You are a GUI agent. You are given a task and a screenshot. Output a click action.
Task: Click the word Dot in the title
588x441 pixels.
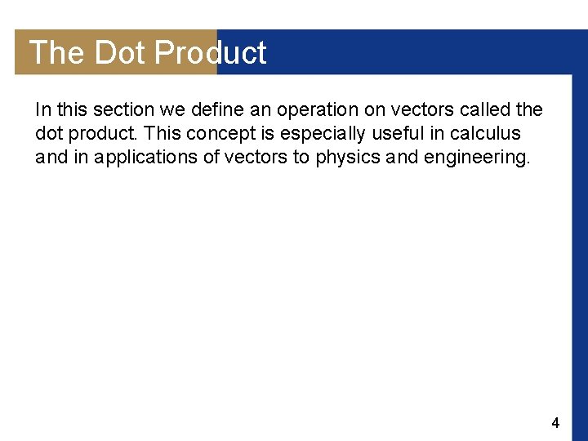[x=120, y=53]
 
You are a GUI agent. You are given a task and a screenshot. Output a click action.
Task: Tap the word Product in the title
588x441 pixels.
[x=210, y=53]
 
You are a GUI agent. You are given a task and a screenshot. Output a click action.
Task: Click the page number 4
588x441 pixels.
[x=555, y=423]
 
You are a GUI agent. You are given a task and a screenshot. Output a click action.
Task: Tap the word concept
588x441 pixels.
[x=205, y=133]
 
